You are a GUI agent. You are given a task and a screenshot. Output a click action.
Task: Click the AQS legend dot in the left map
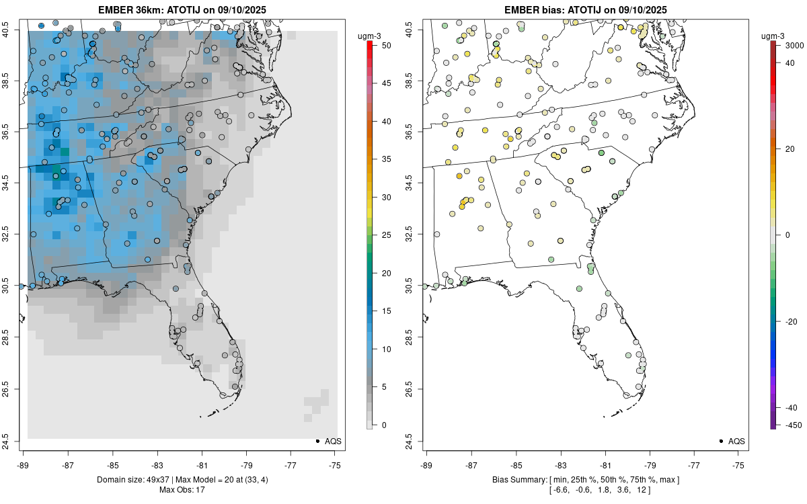click(317, 441)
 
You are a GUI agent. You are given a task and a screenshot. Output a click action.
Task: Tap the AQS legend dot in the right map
click(720, 441)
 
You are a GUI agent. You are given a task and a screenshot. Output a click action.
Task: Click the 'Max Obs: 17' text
click(182, 489)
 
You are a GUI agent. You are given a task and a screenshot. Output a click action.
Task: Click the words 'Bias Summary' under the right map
click(518, 479)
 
